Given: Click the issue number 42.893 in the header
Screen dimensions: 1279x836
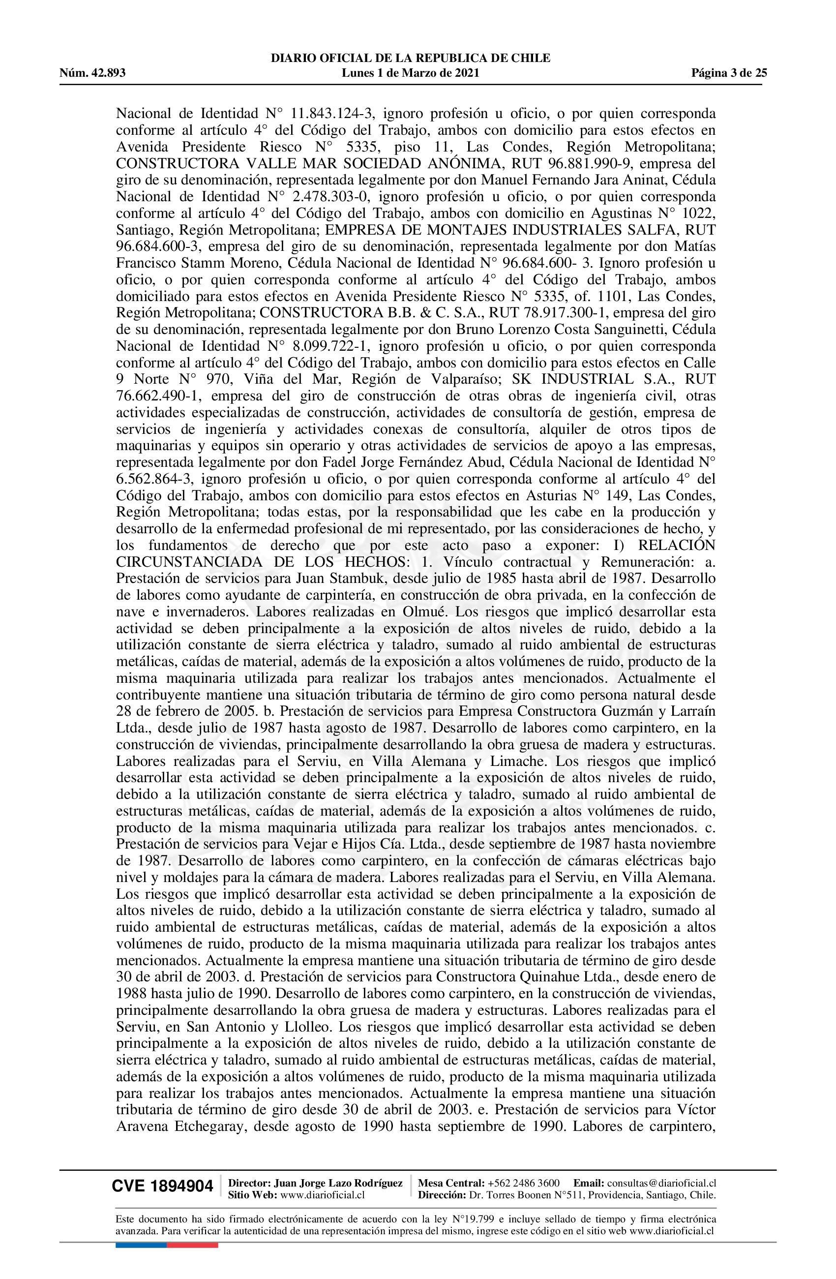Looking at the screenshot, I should (x=108, y=73).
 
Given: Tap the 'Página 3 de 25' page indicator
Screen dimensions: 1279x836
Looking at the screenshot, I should (x=728, y=73).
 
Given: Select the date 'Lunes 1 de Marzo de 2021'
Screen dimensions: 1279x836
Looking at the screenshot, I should (x=410, y=73).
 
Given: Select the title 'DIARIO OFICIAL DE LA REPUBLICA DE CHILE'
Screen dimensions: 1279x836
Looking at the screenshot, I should (x=410, y=59).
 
